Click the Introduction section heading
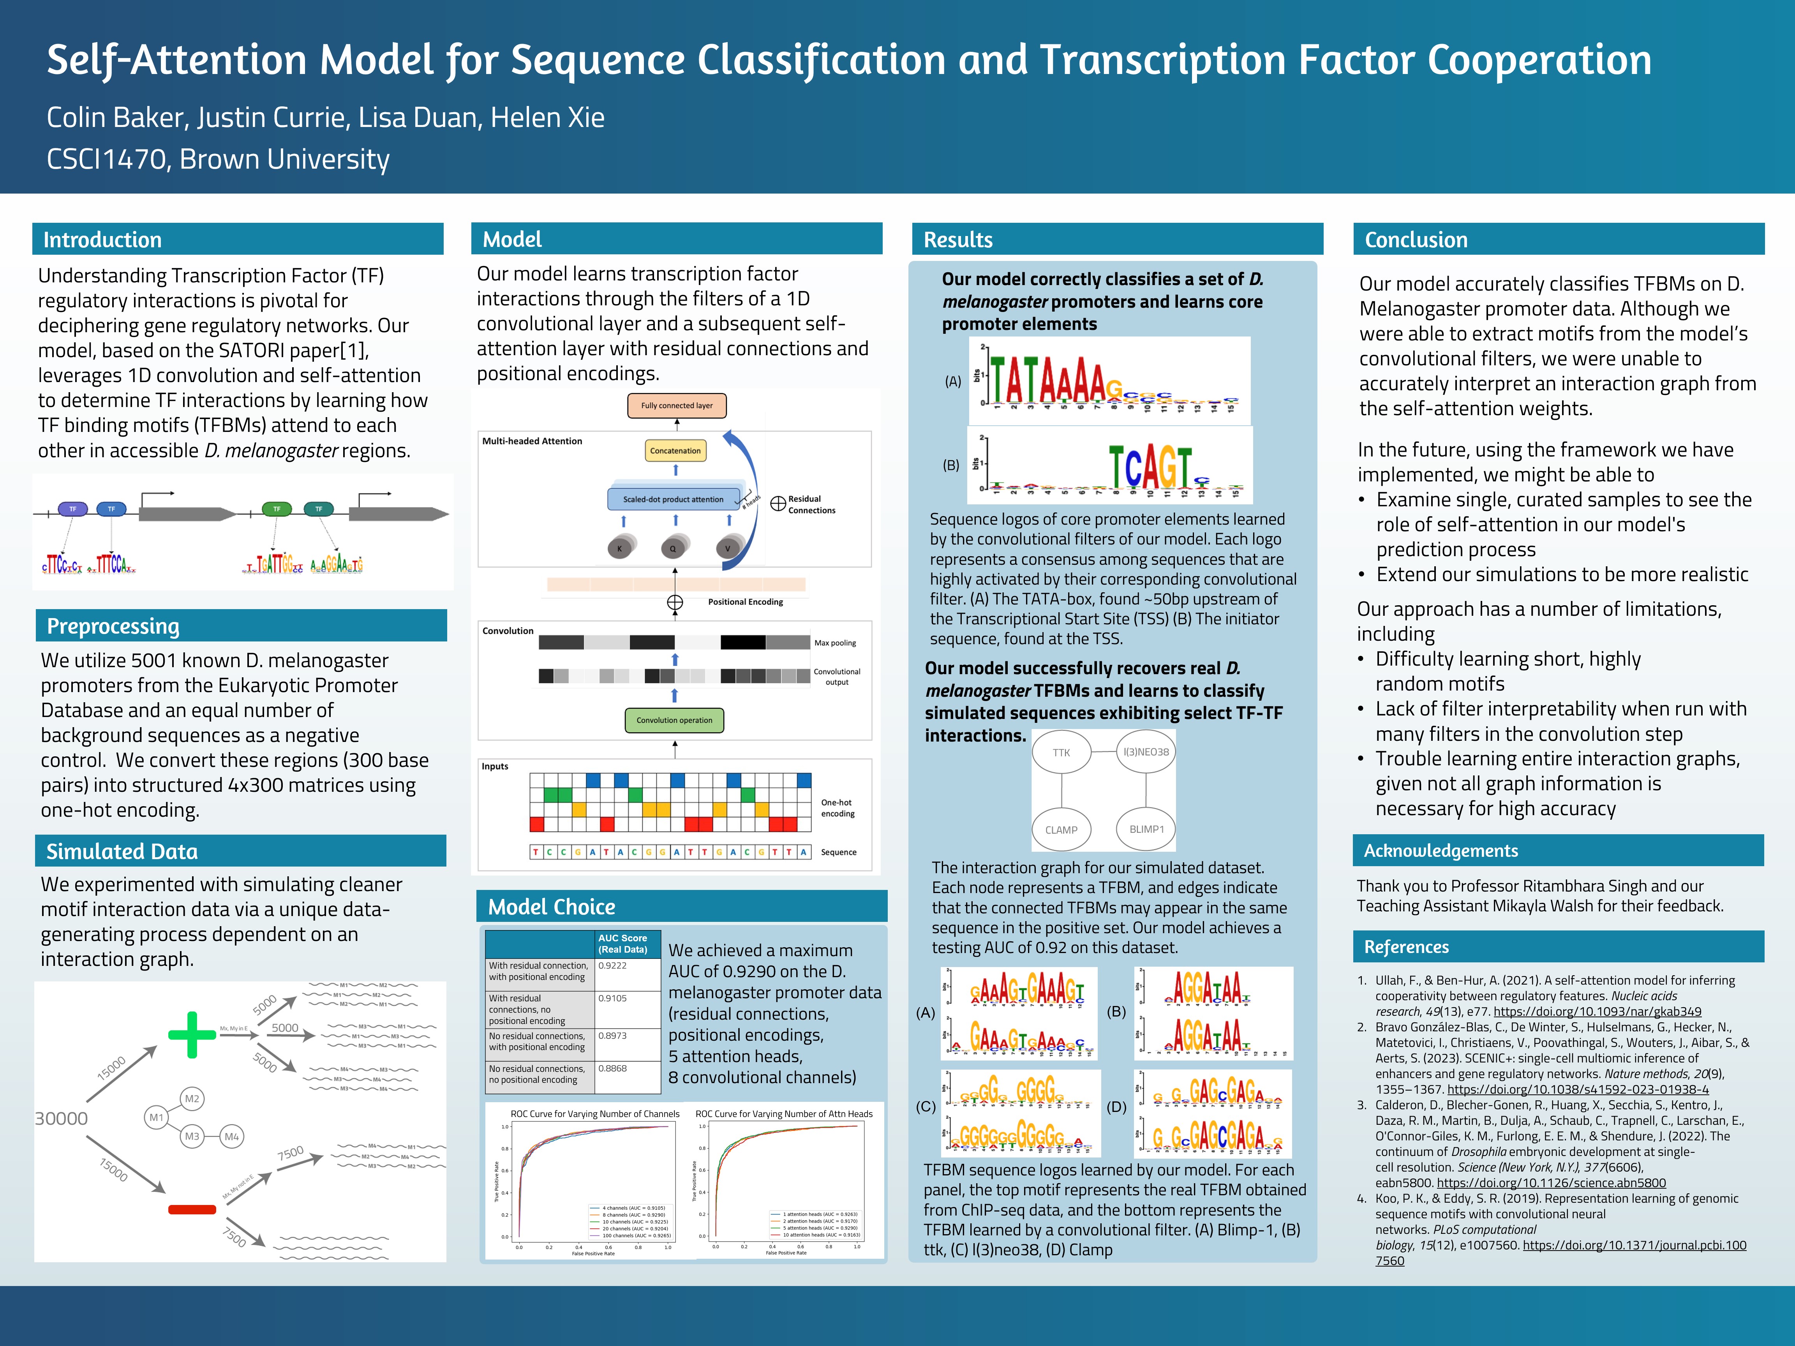pyautogui.click(x=102, y=240)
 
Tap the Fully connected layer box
pyautogui.click(x=677, y=406)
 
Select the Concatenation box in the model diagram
pyautogui.click(x=675, y=450)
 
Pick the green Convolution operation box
pyautogui.click(x=674, y=720)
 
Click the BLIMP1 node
pyautogui.click(x=1146, y=829)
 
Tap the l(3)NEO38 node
pyautogui.click(x=1146, y=752)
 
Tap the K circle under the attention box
pyautogui.click(x=620, y=548)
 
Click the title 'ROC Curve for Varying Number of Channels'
pyautogui.click(x=595, y=1114)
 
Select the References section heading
pyautogui.click(x=1406, y=947)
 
